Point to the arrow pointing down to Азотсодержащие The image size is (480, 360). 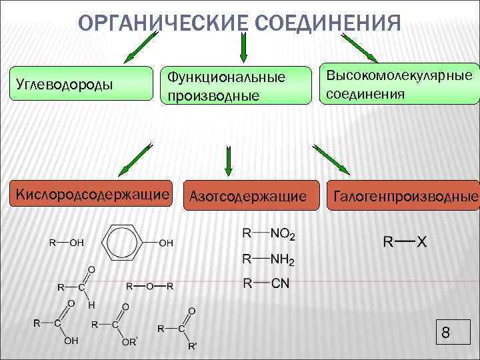(x=229, y=161)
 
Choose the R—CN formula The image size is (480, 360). (x=266, y=283)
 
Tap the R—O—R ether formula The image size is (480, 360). (x=150, y=286)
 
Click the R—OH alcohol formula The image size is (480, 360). (x=67, y=243)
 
